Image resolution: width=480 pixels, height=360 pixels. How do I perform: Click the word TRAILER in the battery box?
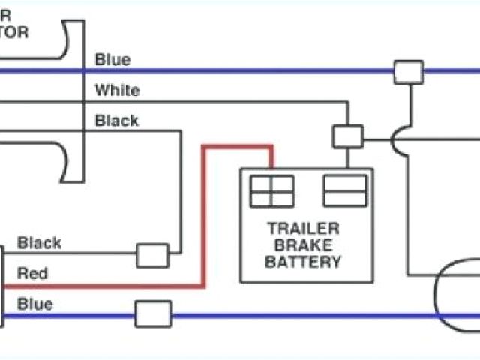(x=303, y=229)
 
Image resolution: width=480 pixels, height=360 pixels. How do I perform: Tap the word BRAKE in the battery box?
(x=303, y=245)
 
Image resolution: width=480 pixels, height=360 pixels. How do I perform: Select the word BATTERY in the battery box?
(x=303, y=262)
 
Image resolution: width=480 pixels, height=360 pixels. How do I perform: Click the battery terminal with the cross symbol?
(x=272, y=191)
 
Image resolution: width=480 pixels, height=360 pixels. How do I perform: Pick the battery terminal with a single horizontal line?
(x=344, y=190)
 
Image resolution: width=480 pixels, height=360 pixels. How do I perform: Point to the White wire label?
(x=116, y=90)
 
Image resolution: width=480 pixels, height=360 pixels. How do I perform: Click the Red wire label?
(x=32, y=273)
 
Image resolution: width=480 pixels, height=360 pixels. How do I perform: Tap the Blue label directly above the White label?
(x=112, y=60)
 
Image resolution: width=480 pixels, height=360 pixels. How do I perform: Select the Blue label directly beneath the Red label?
(x=35, y=304)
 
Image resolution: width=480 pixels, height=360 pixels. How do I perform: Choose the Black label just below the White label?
(x=116, y=121)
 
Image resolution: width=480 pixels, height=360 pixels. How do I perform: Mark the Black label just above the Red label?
(x=40, y=243)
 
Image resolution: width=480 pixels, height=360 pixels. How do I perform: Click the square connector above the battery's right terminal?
(x=348, y=136)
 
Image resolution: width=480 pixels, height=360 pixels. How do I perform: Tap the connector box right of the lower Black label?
(x=152, y=255)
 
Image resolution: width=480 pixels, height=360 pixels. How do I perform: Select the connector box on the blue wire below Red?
(x=153, y=313)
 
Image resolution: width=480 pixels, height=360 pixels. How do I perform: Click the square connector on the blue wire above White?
(x=409, y=72)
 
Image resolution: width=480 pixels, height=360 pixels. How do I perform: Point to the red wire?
(x=203, y=217)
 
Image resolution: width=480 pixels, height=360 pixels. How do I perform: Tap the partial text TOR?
(x=15, y=31)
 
